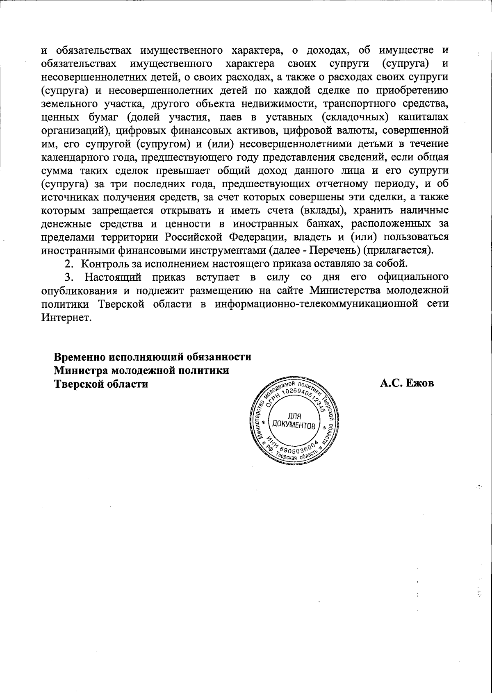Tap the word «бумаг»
point(103,118)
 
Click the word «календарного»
point(78,158)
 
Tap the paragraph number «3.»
point(71,278)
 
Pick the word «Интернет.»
point(65,318)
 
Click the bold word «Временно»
point(80,357)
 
